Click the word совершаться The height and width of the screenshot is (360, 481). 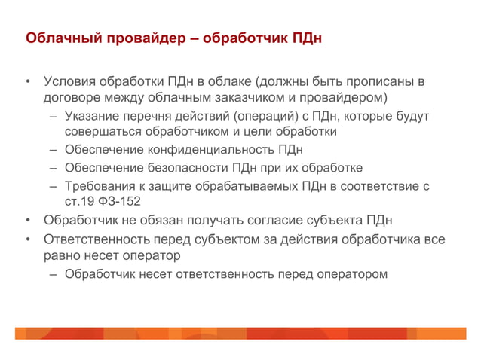tap(101, 131)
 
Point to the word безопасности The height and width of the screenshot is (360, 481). tap(185, 167)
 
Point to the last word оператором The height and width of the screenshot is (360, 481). tap(351, 273)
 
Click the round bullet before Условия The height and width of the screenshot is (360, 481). tap(27, 82)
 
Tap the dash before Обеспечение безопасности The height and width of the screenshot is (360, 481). tap(54, 167)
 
